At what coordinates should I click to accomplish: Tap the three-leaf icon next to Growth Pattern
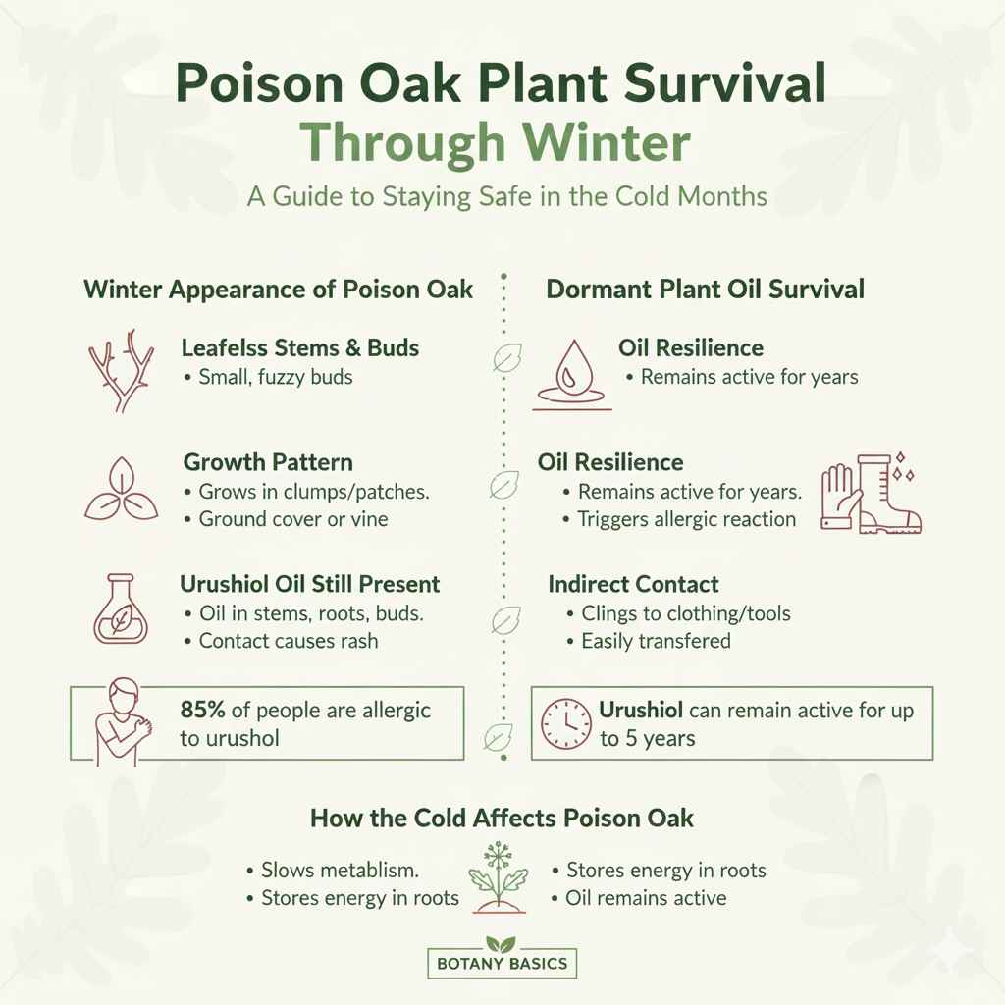pos(118,490)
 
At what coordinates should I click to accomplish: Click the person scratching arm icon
pos(121,722)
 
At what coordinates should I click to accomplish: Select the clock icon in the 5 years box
pos(564,723)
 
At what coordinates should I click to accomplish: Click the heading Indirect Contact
pos(633,584)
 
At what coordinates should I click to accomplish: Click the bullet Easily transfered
pos(656,641)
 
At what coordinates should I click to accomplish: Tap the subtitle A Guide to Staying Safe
pos(506,196)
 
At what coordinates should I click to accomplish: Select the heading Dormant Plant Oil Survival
pos(705,290)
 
